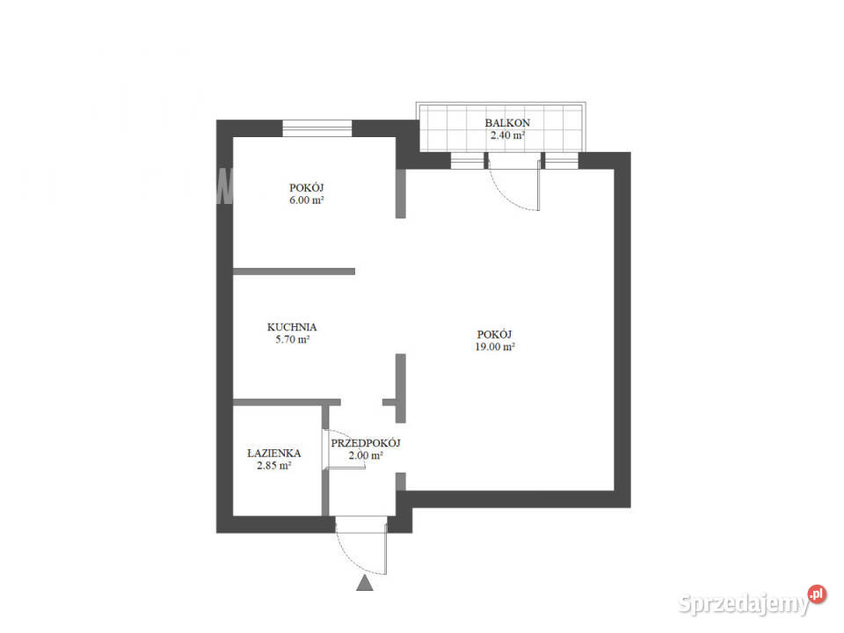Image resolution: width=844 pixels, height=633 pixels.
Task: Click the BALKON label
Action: click(507, 123)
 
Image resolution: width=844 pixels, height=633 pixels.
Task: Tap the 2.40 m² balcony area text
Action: click(507, 135)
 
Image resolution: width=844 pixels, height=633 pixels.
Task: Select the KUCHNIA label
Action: click(292, 327)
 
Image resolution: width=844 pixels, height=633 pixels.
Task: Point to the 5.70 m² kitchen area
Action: click(292, 339)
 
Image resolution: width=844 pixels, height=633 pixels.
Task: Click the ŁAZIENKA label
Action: click(274, 454)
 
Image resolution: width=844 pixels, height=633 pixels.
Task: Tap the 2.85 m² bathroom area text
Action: click(274, 466)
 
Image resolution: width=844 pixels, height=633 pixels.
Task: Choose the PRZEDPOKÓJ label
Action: click(366, 443)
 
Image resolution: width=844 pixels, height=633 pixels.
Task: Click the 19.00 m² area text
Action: click(495, 347)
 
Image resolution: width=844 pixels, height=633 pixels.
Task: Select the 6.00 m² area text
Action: click(306, 200)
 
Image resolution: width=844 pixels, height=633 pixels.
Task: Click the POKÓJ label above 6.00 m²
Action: click(306, 188)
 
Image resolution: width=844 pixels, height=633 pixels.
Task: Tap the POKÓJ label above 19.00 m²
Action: click(494, 334)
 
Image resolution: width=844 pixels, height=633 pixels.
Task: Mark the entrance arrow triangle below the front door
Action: click(364, 583)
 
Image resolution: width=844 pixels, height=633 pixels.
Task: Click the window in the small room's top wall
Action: click(317, 128)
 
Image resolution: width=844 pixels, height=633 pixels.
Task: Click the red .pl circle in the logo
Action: click(817, 594)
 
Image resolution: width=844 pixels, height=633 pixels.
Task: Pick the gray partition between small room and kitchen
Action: click(294, 272)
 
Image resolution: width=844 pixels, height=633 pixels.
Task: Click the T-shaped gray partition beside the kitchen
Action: click(397, 389)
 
